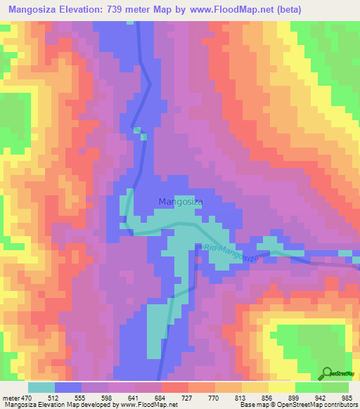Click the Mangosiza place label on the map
pyautogui.click(x=181, y=202)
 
